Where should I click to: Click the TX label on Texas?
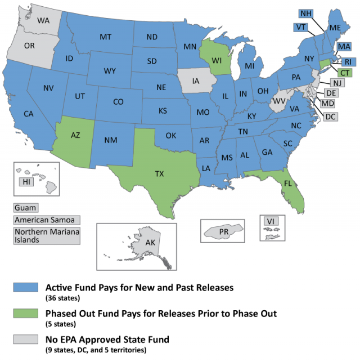pos(159,174)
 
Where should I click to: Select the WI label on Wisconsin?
pos(217,58)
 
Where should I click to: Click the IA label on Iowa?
pos(196,82)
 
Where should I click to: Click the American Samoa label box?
pos(47,220)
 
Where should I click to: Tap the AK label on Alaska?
pos(135,243)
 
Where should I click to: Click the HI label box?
pos(26,181)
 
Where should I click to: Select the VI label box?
pos(271,221)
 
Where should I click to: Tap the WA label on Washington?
pos(43,20)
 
